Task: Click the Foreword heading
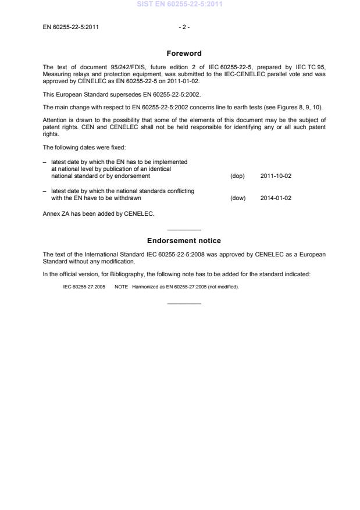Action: point(184,54)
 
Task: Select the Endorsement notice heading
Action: point(184,241)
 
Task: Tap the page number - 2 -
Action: point(184,27)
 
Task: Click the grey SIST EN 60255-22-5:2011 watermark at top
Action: point(180,4)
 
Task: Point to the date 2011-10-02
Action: point(276,176)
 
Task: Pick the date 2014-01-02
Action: point(276,198)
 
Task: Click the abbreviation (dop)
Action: point(237,176)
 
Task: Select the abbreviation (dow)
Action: point(238,198)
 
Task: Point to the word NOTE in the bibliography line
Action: point(121,287)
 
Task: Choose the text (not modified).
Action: point(223,287)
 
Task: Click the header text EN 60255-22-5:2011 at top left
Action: point(70,27)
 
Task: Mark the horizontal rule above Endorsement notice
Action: point(184,230)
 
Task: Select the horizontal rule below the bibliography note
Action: point(184,304)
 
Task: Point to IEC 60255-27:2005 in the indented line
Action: point(84,287)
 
